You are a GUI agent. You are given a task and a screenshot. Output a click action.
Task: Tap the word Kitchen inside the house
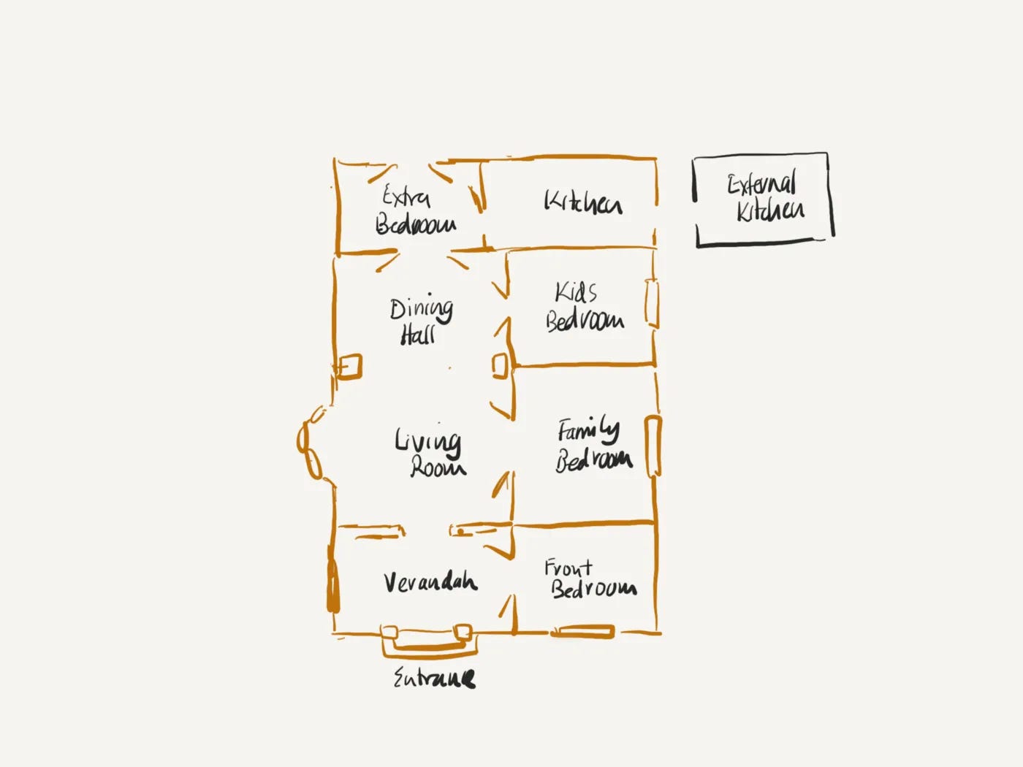582,202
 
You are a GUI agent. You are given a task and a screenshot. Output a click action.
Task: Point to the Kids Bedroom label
583,308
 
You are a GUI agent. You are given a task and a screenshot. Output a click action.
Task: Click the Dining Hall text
420,321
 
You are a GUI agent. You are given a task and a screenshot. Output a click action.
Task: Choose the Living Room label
430,454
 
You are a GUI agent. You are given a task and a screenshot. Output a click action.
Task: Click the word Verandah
430,582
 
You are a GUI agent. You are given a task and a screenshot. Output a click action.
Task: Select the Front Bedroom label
589,579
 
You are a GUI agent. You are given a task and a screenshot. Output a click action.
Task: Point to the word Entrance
434,679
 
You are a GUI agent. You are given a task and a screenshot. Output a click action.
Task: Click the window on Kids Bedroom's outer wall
652,303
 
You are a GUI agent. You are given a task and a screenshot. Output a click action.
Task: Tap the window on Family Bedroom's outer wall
653,446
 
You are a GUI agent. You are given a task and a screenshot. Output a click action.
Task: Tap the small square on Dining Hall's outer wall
349,367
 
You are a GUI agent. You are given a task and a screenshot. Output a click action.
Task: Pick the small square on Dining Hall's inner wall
500,366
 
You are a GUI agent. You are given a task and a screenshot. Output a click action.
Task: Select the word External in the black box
761,183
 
